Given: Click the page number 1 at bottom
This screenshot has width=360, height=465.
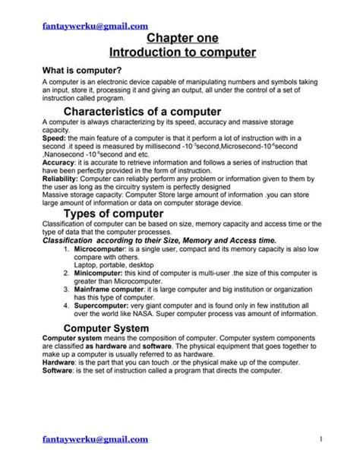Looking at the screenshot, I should tap(321, 439).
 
